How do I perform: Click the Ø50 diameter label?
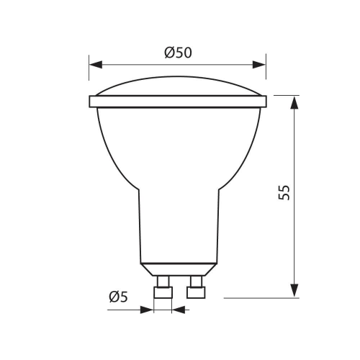pyautogui.click(x=177, y=52)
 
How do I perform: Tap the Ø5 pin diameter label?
pyautogui.click(x=120, y=297)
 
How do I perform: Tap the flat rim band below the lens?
pyautogui.click(x=177, y=102)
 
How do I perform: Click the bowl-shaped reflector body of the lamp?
pyautogui.click(x=177, y=144)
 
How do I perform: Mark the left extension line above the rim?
pyautogui.click(x=89, y=76)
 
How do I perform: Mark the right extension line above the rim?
pyautogui.click(x=266, y=76)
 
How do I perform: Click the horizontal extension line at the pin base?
pyautogui.click(x=259, y=296)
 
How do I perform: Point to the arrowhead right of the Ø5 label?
pyautogui.click(x=180, y=310)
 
